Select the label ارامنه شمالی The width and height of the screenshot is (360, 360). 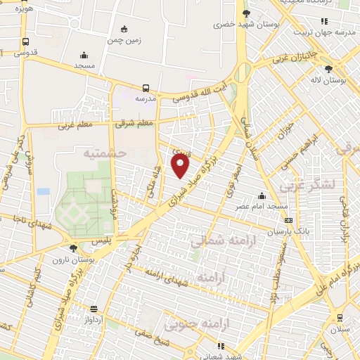(218, 241)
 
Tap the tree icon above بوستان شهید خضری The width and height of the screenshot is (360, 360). (245, 13)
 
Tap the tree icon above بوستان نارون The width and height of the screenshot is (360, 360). (74, 247)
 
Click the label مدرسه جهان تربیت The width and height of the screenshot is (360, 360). (331, 32)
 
